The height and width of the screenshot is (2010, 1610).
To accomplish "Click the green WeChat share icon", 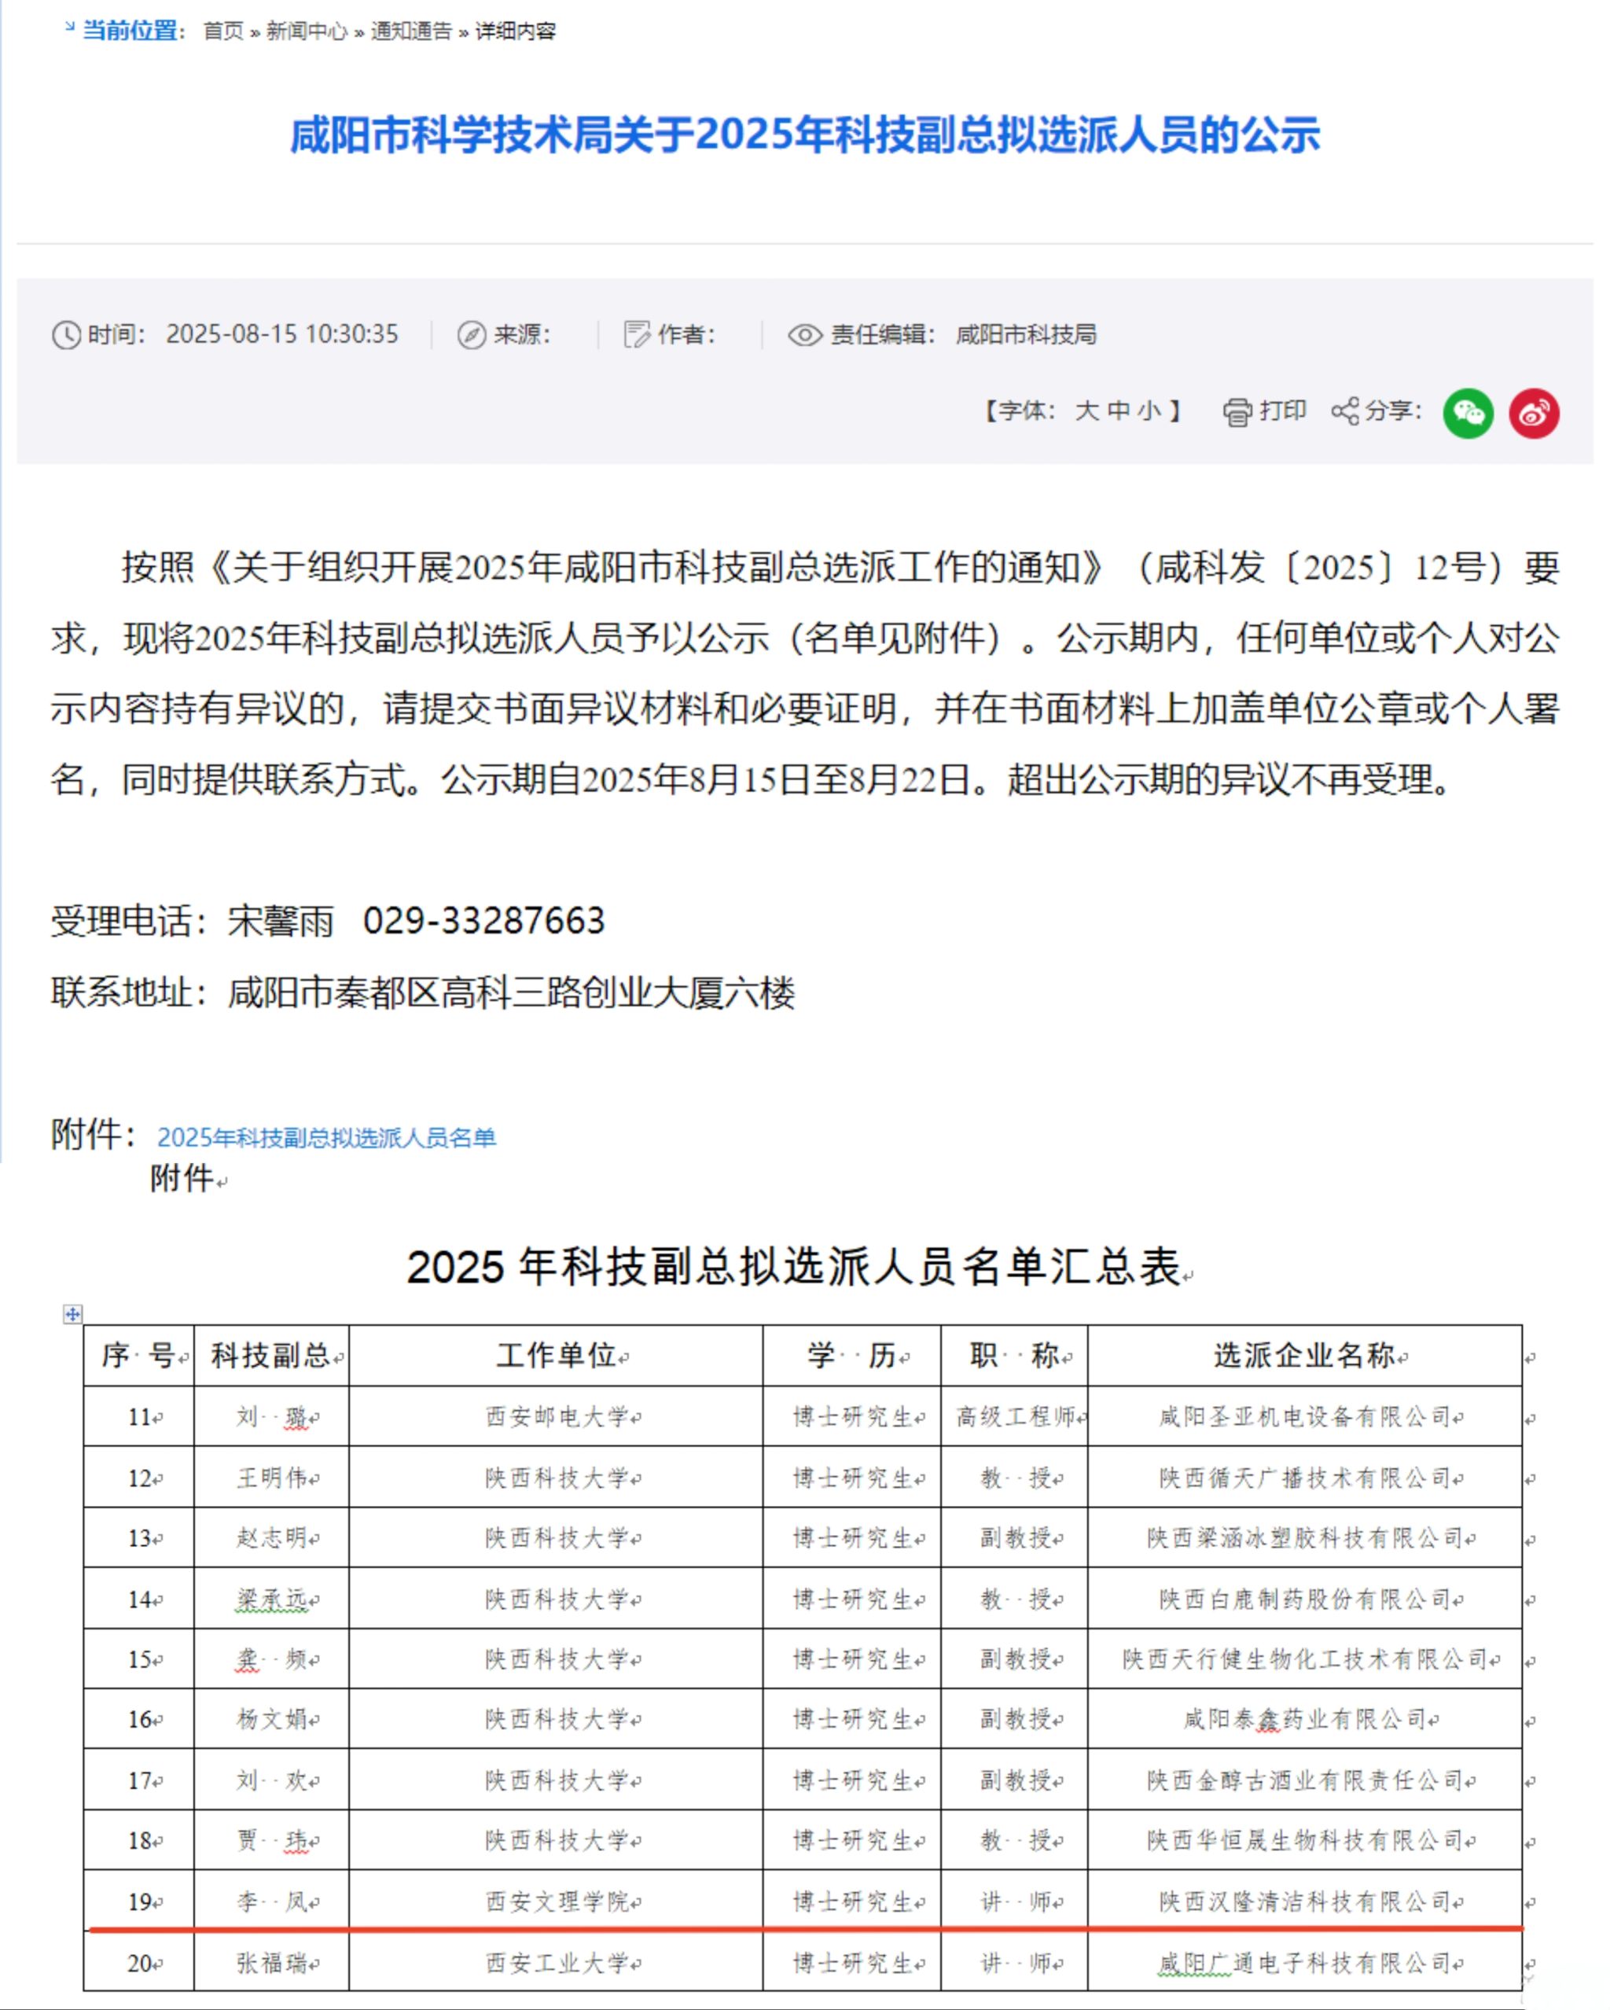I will (1468, 413).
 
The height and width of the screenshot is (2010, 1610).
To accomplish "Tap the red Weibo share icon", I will (1534, 413).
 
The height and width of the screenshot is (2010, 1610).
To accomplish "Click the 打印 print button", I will (1265, 411).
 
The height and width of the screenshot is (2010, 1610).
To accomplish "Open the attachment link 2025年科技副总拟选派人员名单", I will (326, 1137).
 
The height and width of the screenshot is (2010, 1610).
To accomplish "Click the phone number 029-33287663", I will (483, 921).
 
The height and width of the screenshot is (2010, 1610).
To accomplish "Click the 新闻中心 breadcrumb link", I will (306, 31).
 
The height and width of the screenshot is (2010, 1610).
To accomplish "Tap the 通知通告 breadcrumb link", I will (410, 31).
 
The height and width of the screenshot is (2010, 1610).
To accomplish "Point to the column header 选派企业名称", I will (1303, 1356).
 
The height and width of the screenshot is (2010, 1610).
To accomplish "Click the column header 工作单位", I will (556, 1356).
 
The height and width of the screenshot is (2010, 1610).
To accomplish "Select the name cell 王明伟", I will (271, 1478).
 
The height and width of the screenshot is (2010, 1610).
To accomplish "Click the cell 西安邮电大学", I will (557, 1417).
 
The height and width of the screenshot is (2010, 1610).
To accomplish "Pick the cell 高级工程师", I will (1014, 1417).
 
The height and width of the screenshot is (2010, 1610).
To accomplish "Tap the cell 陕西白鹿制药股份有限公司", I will (1303, 1600).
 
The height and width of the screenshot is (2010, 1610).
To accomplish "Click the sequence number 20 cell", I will (140, 1964).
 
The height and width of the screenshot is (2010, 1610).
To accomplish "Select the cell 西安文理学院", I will (557, 1901).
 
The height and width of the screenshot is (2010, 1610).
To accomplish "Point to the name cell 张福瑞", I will (271, 1964).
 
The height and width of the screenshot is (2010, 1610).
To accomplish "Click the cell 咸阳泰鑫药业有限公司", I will (1303, 1719).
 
